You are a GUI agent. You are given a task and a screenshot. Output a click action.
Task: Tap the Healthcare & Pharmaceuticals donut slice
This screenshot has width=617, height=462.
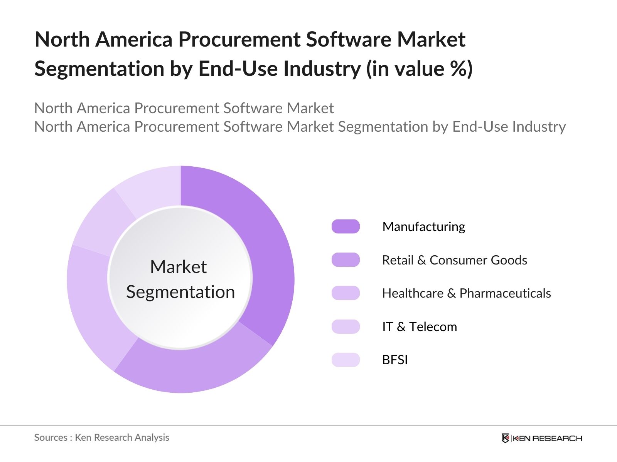(x=93, y=304)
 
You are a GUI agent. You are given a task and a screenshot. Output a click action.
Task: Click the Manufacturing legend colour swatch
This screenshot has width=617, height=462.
(x=346, y=226)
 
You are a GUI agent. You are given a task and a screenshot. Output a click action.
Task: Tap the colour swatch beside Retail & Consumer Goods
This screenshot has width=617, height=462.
(x=346, y=260)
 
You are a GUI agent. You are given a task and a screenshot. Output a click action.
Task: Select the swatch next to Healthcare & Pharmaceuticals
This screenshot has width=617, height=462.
(x=346, y=293)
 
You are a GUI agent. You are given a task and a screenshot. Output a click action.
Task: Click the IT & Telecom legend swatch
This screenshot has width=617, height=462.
(x=346, y=326)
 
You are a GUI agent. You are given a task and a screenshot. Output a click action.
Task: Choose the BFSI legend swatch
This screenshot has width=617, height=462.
(x=346, y=360)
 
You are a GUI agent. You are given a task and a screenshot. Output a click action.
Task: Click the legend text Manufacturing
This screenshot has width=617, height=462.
(x=423, y=226)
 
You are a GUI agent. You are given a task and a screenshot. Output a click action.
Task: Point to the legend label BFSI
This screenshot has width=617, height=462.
(x=394, y=360)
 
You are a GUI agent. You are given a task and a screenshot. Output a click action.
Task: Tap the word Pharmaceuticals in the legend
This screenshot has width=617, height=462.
(x=505, y=293)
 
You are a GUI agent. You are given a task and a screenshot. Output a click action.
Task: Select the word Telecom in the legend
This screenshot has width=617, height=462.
(x=433, y=326)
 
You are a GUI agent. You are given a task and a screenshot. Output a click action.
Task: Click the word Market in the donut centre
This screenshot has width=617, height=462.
(x=178, y=266)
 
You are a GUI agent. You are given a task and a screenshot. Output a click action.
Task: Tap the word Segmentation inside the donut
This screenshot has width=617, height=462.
(x=180, y=292)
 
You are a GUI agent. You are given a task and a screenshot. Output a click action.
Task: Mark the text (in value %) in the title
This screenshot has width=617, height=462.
(x=419, y=69)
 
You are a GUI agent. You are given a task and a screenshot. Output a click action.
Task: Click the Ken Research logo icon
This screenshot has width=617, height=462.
(x=505, y=438)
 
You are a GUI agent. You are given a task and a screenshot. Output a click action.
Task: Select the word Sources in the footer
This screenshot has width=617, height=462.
(x=51, y=437)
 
